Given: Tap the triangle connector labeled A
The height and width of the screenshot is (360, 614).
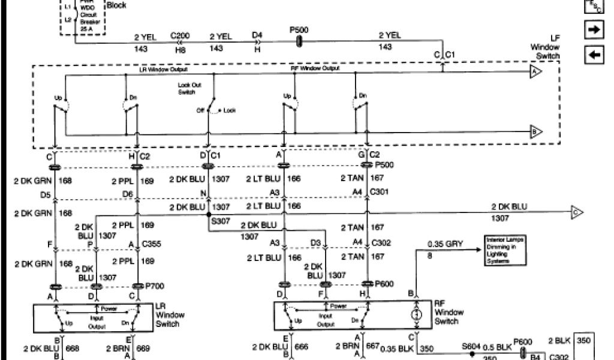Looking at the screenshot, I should tap(535, 72).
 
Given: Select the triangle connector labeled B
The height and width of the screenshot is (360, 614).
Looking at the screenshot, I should tap(535, 131).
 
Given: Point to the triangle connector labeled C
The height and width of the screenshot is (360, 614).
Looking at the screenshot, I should tap(577, 212).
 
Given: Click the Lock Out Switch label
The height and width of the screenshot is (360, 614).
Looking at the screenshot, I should tap(189, 89).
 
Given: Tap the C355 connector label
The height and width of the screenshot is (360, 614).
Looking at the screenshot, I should tap(151, 245).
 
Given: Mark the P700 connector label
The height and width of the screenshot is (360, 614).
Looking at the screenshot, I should tap(153, 286).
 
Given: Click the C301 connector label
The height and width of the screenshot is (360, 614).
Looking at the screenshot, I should tap(380, 192).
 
